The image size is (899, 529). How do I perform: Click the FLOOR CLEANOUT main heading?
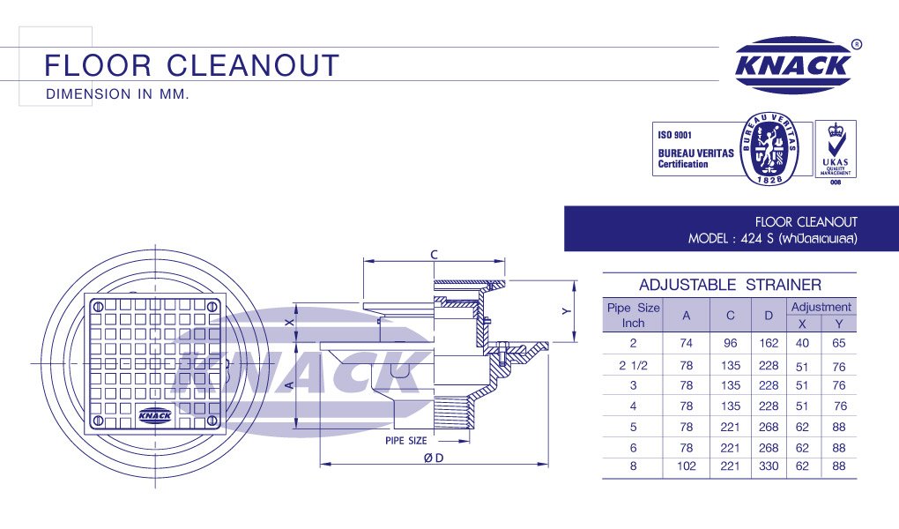(x=191, y=65)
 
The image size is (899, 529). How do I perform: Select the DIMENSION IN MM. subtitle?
(x=117, y=94)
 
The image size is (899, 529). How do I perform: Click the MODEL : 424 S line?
(x=772, y=239)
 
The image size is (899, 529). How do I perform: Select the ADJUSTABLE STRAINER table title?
(x=730, y=285)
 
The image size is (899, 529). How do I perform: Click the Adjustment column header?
(x=821, y=307)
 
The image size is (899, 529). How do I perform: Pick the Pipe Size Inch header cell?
(x=633, y=316)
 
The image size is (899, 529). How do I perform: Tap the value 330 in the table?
(x=769, y=466)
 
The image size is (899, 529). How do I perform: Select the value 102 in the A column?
(x=687, y=466)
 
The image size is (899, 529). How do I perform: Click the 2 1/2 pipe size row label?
(x=633, y=366)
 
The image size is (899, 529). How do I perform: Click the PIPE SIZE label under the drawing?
(x=405, y=440)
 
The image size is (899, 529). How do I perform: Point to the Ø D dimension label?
(x=433, y=458)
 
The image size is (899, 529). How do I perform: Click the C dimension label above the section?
(x=434, y=254)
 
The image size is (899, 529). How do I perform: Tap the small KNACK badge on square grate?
(x=156, y=414)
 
